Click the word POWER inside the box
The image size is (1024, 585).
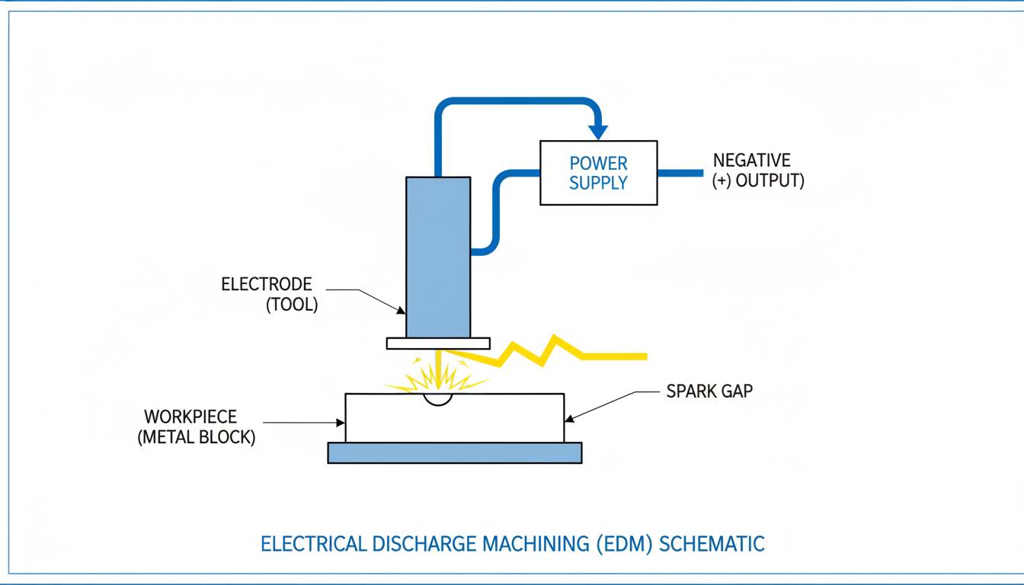coord(599,163)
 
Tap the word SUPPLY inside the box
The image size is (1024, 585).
coord(599,183)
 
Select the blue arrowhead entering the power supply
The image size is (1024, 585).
coord(598,132)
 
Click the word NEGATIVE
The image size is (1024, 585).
coord(751,161)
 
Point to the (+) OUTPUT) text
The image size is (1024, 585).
coord(758,181)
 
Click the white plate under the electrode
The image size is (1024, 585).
coord(438,344)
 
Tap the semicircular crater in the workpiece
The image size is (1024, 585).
coord(438,399)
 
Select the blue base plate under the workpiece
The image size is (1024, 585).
coord(454,452)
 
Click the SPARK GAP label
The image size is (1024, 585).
coord(709,392)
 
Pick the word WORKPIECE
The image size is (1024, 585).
coord(190,417)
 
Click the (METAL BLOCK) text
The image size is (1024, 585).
coord(197,438)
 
